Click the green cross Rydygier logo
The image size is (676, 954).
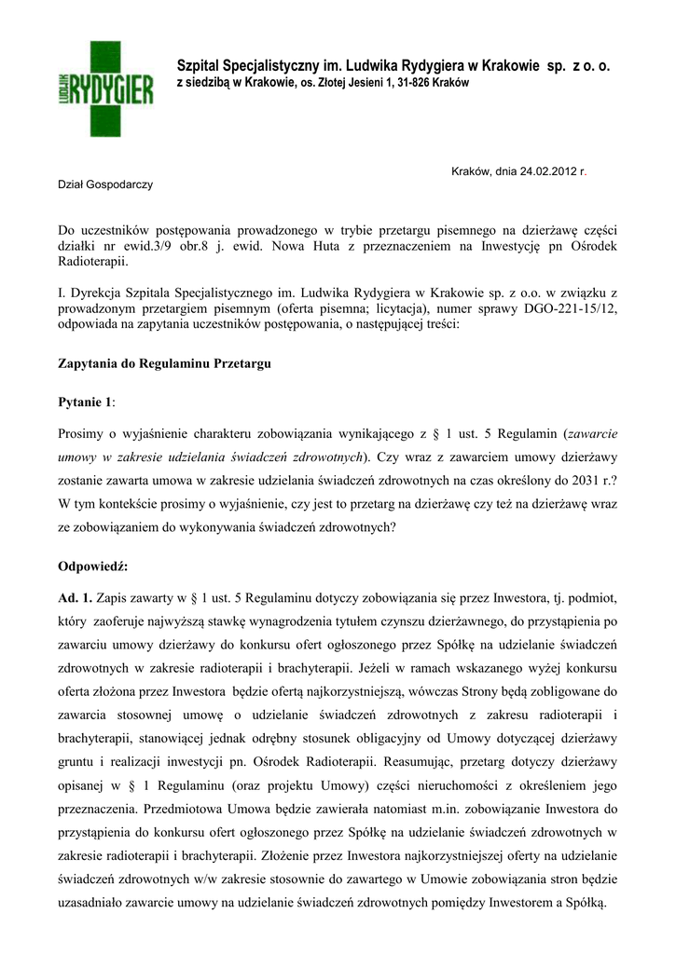click(104, 89)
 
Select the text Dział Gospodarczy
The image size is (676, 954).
click(105, 184)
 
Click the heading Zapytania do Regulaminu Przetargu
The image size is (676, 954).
click(164, 364)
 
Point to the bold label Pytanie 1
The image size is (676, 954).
click(85, 401)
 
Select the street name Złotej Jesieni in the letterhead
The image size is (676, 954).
click(346, 84)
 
